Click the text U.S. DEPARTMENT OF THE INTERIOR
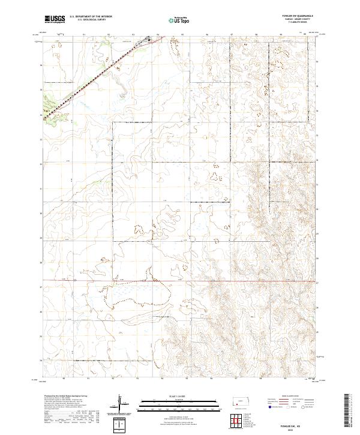[91, 17]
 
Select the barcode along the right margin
[347, 410]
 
